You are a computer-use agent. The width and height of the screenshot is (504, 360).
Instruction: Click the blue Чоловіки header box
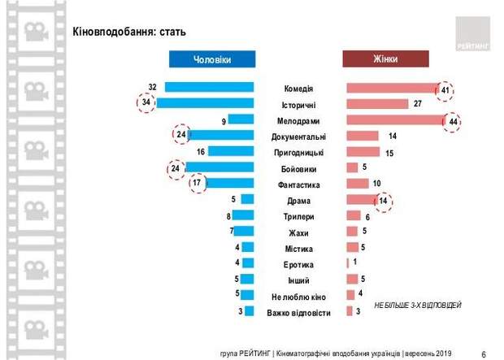pyautogui.click(x=212, y=59)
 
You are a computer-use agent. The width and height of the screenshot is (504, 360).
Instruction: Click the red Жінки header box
pyautogui.click(x=385, y=59)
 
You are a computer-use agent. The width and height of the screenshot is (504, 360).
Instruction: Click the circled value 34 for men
pyautogui.click(x=146, y=103)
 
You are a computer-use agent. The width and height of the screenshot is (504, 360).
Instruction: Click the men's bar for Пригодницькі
pyautogui.click(x=232, y=152)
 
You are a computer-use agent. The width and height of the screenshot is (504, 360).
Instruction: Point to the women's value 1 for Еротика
pyautogui.click(x=355, y=263)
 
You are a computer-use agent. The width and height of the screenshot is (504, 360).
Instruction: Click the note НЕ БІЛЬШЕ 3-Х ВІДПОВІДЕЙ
pyautogui.click(x=418, y=304)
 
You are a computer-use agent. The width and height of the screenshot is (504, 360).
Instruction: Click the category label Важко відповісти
pyautogui.click(x=300, y=312)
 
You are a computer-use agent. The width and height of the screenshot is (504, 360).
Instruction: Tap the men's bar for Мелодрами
pyautogui.click(x=241, y=120)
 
